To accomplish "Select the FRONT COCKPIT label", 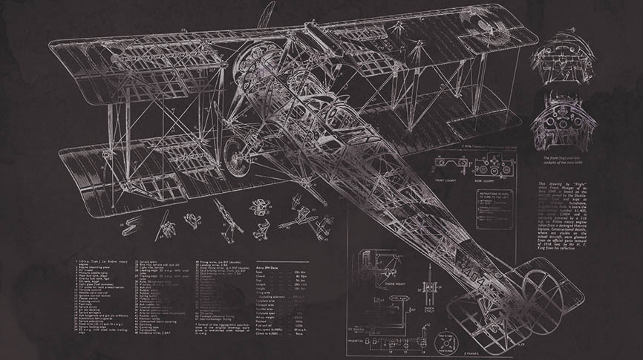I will point(446,178).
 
